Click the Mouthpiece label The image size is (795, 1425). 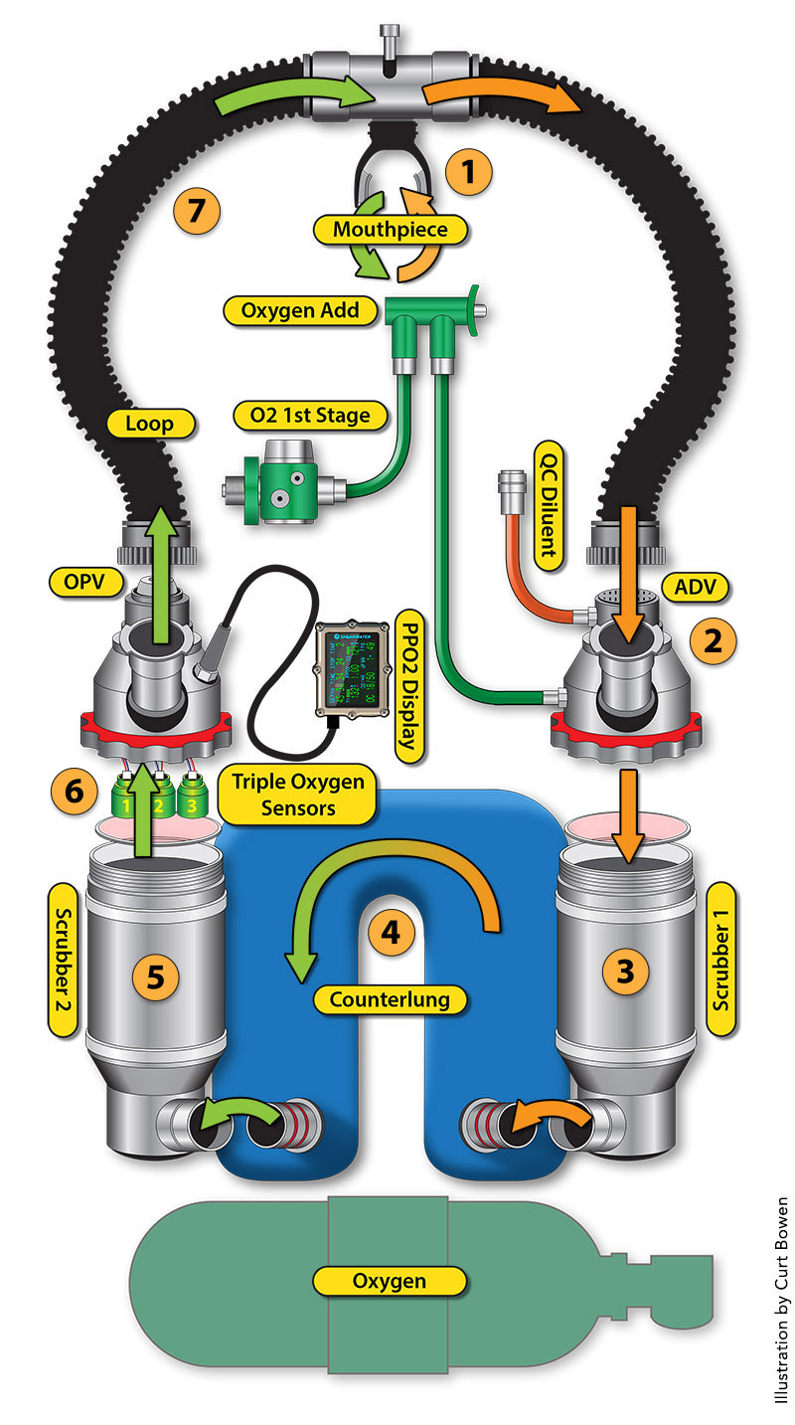coord(391,230)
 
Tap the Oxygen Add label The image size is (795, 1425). coord(299,310)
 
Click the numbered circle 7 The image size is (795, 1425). coord(196,210)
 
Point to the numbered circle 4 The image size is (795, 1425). coord(392,932)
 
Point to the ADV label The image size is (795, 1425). coord(695,587)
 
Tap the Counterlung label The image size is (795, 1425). coord(391,998)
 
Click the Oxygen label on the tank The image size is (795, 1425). coord(390,1281)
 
